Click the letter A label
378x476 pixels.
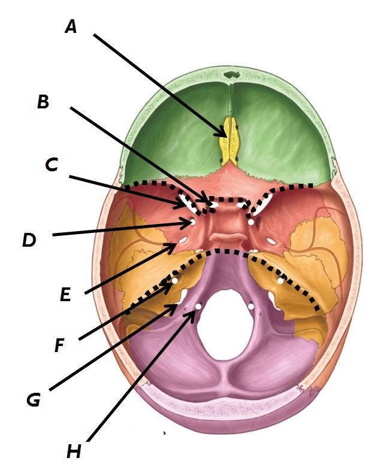point(71,27)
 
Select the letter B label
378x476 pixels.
point(43,102)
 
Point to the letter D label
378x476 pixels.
point(29,240)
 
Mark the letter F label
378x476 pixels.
point(59,345)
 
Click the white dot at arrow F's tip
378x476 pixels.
point(175,280)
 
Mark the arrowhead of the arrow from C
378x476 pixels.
point(184,205)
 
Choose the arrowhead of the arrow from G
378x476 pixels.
point(177,307)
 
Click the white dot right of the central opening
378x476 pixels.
point(251,306)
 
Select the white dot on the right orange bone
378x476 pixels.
point(280,280)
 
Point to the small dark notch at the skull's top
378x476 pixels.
point(231,76)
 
